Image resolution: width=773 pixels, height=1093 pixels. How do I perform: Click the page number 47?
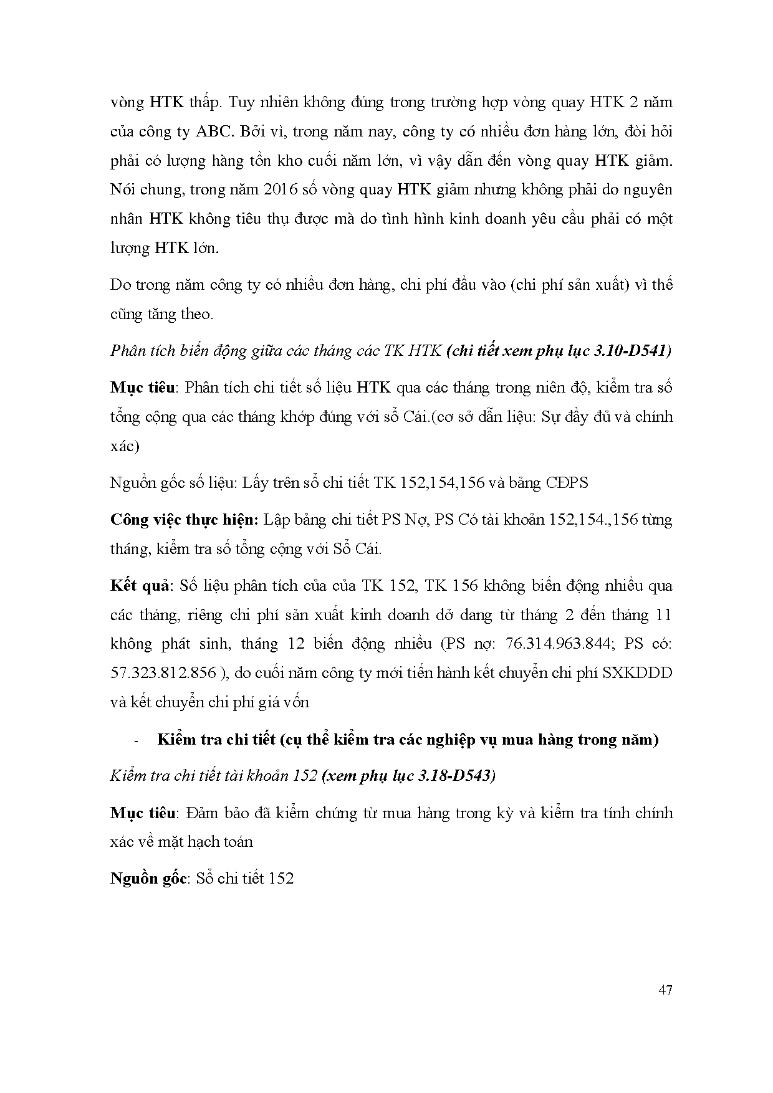(665, 990)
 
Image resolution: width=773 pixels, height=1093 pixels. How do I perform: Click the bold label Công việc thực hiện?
(185, 520)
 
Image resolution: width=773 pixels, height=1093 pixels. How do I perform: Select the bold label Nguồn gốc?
(148, 879)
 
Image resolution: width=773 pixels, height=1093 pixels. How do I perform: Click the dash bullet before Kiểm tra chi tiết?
(135, 741)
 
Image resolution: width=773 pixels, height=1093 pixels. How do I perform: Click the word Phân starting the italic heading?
(127, 351)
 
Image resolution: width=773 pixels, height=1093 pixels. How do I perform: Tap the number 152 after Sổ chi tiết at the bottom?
(281, 879)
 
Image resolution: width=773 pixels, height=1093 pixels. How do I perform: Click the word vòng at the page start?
(127, 103)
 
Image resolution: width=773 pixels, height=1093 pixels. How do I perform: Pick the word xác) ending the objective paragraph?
(125, 446)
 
